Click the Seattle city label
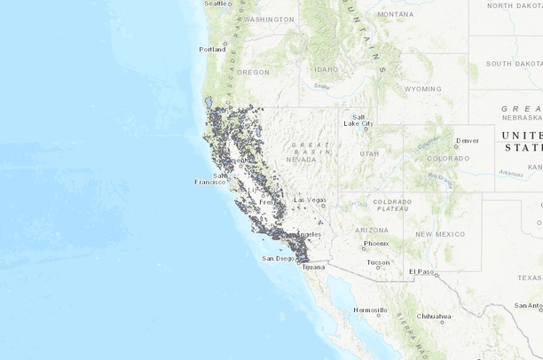coord(216,4)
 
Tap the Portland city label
coord(212,49)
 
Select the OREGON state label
coord(253,72)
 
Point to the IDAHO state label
coord(326,69)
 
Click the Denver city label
coord(467,140)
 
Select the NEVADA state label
coord(301,160)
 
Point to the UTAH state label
coord(369,153)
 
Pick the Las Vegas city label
coord(310,200)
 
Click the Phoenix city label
coord(375,243)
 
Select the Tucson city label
coord(378,262)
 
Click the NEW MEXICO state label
coord(436,233)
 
